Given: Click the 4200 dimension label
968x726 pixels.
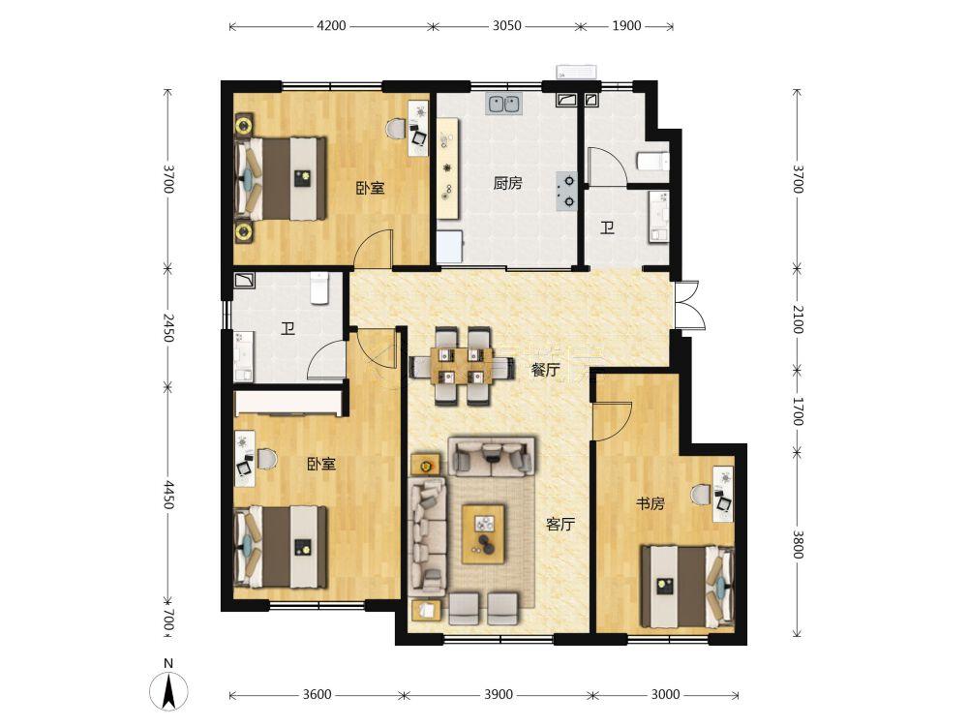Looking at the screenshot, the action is (x=331, y=26).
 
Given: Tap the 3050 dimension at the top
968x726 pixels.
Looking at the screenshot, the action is (x=507, y=26).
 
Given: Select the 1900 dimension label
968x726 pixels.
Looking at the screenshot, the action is (x=626, y=26).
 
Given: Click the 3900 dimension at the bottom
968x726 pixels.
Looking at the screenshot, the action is (x=499, y=694).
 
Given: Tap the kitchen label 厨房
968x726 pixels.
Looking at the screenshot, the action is (x=507, y=183).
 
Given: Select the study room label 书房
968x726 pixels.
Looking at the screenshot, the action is (x=650, y=503).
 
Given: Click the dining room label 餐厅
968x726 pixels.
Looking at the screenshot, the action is (x=546, y=371).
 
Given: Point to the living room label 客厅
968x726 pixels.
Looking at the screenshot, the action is (x=560, y=525).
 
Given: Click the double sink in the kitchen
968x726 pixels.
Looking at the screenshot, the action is (x=503, y=104).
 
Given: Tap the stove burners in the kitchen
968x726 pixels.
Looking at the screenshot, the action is (x=567, y=191).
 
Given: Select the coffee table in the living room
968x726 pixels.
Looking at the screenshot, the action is (x=485, y=533).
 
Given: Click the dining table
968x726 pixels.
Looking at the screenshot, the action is (x=463, y=366).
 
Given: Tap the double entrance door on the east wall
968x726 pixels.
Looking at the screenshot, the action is (x=688, y=306).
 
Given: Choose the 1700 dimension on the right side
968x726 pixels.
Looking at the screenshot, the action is (x=798, y=411).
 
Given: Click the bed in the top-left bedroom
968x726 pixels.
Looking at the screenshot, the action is (x=282, y=178).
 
